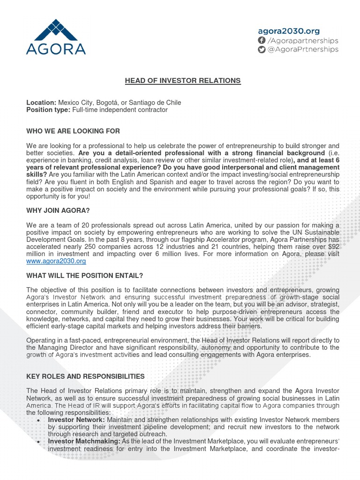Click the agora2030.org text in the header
coord(288,31)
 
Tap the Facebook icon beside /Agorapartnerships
coord(262,40)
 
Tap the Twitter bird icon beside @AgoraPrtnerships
coord(262,50)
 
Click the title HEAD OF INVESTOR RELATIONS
coord(182,81)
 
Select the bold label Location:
coord(41,103)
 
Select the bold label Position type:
coord(48,110)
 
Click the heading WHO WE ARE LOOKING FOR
coord(73,131)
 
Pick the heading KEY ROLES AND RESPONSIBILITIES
coord(85,376)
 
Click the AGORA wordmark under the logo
coord(56,49)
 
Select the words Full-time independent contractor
coord(120,110)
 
